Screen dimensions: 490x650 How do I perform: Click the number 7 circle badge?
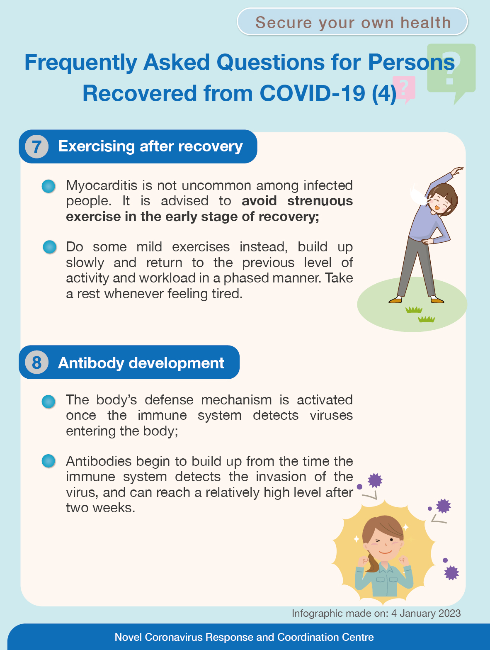[37, 146]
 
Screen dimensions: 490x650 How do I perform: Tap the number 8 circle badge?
[37, 362]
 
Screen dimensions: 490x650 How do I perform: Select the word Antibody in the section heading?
[91, 363]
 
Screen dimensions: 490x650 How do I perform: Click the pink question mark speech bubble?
[404, 88]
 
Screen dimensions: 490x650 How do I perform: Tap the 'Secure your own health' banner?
[352, 22]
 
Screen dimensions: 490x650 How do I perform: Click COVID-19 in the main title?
[312, 93]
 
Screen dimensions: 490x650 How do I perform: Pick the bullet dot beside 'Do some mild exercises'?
[49, 247]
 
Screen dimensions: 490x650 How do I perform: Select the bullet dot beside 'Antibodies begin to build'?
[49, 461]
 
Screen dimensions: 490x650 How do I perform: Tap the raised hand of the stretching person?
[457, 170]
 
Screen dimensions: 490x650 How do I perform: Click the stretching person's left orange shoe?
[395, 301]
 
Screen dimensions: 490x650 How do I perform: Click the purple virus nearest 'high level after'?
[375, 480]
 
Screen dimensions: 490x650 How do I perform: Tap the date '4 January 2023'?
[426, 613]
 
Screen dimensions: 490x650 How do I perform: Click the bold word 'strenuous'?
[320, 201]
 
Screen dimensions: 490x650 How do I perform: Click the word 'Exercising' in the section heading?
[96, 146]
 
